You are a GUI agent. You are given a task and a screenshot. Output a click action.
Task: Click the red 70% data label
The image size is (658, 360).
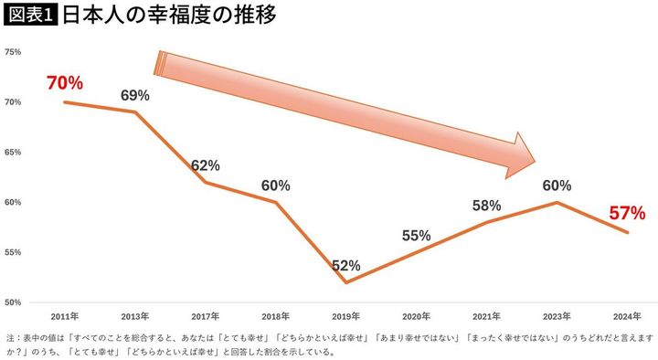(x=64, y=83)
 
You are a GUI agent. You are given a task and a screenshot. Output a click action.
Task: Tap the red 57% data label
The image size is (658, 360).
(x=627, y=214)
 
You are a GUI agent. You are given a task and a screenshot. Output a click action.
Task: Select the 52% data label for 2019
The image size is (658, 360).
(x=345, y=266)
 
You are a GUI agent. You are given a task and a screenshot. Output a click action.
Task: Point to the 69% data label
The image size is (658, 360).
(x=135, y=95)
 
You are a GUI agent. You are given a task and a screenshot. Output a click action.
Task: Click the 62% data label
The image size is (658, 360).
(x=206, y=165)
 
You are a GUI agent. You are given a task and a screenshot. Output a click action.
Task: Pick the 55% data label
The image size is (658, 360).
(x=416, y=235)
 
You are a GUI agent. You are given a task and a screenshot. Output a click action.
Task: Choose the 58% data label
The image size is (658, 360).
(x=486, y=206)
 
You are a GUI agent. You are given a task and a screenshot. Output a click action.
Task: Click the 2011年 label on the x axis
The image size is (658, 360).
(x=64, y=315)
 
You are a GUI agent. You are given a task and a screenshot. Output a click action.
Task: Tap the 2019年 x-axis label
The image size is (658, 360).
(x=345, y=315)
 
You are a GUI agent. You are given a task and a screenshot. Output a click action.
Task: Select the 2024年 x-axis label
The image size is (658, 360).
(x=627, y=315)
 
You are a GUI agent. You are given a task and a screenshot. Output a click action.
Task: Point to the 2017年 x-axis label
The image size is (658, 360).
(x=205, y=315)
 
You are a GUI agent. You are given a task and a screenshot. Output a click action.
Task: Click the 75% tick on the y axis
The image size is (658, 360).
(x=13, y=52)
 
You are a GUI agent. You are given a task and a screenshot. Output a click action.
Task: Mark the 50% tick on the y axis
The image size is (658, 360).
(x=13, y=302)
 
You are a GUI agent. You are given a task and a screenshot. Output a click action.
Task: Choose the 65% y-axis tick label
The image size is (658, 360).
(x=13, y=152)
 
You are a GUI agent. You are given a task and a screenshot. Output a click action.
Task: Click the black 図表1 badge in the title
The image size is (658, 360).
(x=29, y=16)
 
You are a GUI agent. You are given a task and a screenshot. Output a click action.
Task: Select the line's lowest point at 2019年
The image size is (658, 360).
(x=345, y=281)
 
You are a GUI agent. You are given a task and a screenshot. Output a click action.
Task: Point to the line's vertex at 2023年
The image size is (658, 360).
(x=557, y=202)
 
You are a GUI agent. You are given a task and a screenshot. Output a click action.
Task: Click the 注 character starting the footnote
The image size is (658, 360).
(x=10, y=337)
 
